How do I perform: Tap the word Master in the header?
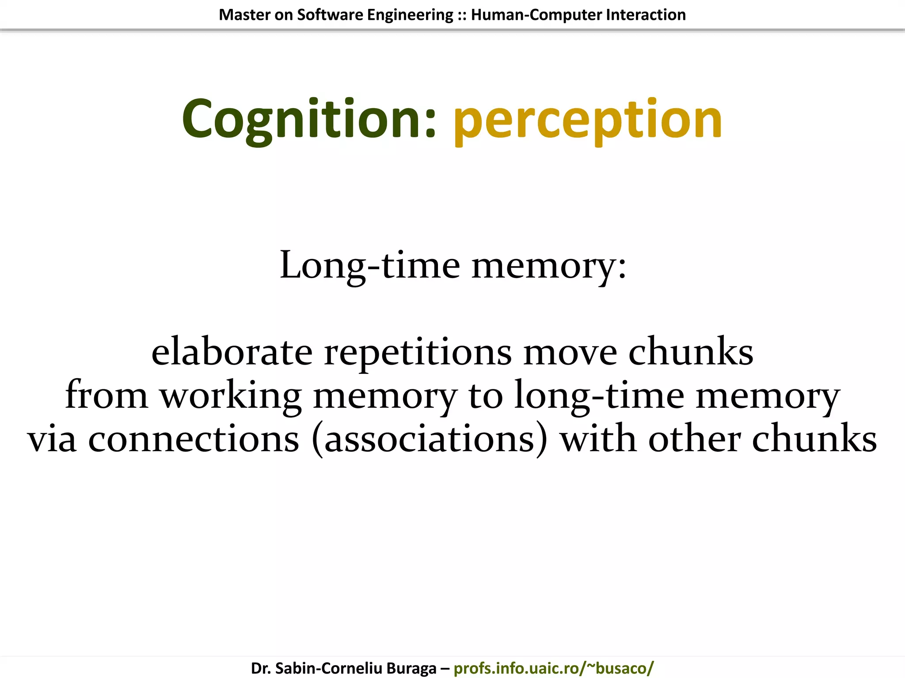pos(244,15)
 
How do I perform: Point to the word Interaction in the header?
pos(646,15)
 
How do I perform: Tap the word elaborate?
pos(232,352)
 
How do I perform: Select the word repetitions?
pos(418,352)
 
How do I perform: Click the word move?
pos(570,352)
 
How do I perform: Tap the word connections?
pos(194,439)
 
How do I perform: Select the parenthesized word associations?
pos(429,439)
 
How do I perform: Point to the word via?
pos(52,439)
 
